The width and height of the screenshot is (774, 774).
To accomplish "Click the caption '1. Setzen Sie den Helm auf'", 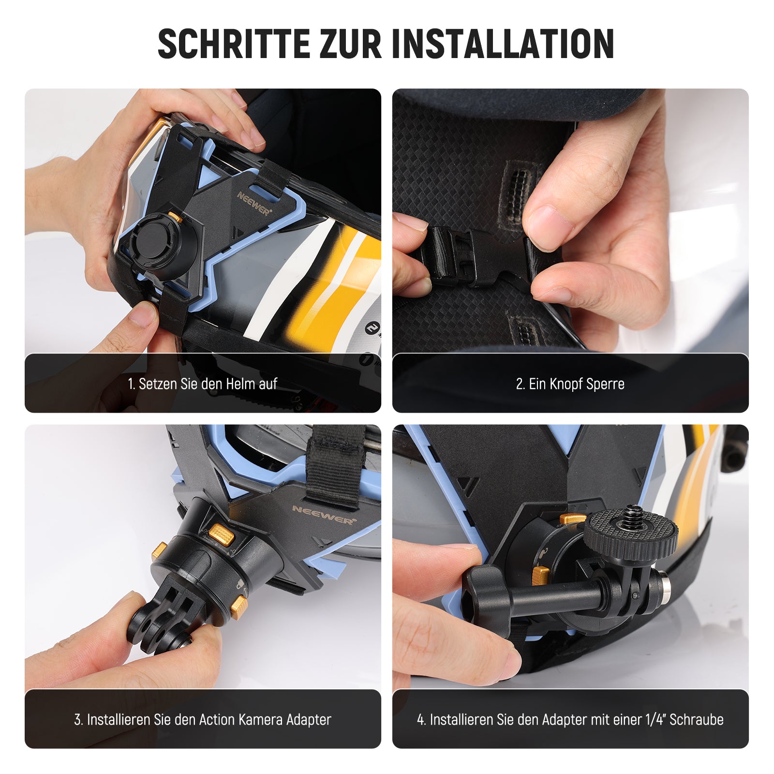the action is click(202, 384).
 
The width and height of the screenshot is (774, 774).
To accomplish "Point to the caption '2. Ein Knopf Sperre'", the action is click(570, 384).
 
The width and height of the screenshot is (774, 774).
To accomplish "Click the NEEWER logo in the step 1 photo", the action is click(254, 203).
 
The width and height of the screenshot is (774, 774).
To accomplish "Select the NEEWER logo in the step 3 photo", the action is click(324, 515).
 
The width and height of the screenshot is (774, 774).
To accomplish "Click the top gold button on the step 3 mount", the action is click(222, 535).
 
